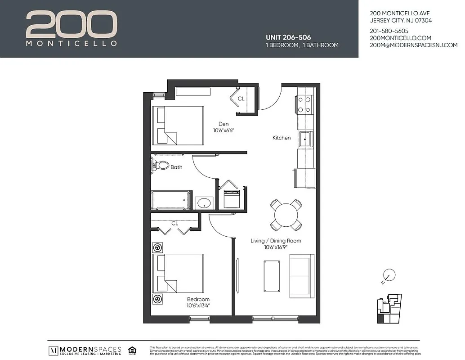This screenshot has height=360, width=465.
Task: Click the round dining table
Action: tap(286, 215)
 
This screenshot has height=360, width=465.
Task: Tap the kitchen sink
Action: tap(306, 139)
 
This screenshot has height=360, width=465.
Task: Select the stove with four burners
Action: tap(304, 105)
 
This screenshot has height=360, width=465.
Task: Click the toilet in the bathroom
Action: tap(161, 165)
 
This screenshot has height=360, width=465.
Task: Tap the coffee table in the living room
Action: tap(272, 276)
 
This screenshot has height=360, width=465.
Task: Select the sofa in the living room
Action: tap(302, 276)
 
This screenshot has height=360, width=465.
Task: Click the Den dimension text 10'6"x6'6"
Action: tap(224, 130)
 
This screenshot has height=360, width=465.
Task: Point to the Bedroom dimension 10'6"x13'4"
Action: tap(198, 306)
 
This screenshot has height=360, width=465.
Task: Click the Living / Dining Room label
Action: tap(276, 241)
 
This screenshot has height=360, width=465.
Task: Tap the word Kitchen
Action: tap(282, 138)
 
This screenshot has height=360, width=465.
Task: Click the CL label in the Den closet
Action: tap(241, 99)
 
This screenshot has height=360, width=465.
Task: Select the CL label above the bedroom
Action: tap(174, 223)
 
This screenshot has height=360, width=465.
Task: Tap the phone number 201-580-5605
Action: tap(389, 31)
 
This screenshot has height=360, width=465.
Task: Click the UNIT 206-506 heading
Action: tap(288, 37)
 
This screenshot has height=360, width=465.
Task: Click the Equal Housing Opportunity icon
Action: tap(132, 350)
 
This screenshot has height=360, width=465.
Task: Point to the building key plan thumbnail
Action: tap(389, 309)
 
